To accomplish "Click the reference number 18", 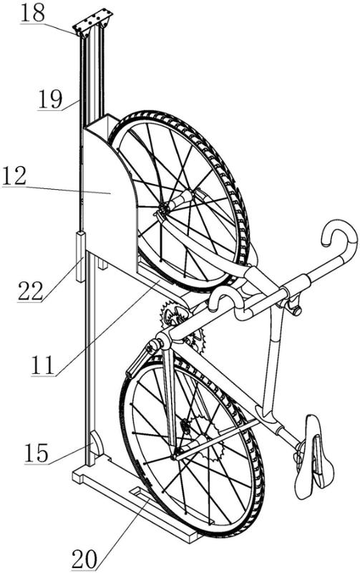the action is click(x=32, y=14).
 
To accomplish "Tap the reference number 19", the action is click(x=50, y=99).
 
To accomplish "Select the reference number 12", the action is click(x=14, y=175).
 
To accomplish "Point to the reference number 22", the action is click(x=30, y=291).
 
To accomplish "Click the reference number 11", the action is click(x=43, y=365).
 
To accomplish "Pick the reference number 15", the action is click(x=37, y=453).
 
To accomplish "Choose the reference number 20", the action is click(x=84, y=559).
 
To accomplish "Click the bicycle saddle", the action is click(x=314, y=456).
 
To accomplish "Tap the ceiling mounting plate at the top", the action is click(x=93, y=23).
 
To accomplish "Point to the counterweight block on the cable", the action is click(x=80, y=256).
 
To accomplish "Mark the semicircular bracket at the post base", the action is click(x=96, y=443).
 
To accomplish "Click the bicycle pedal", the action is click(x=139, y=360).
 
